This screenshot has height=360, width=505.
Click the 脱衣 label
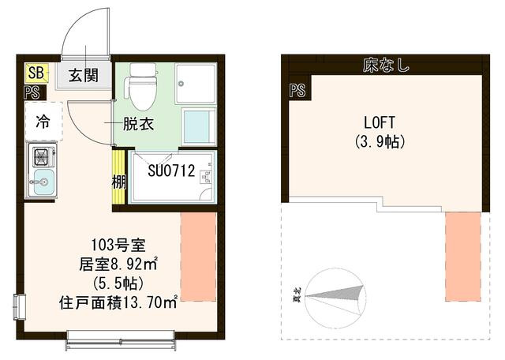coord(137,124)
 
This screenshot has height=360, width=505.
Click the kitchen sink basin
coord(41,186)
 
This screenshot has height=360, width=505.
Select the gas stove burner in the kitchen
coord(40,156)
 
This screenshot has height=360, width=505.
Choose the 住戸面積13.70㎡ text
coord(118,300)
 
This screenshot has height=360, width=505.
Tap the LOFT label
coord(379,122)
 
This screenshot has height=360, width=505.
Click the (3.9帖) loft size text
coord(380,143)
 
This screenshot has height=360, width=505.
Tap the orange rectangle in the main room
coord(198,256)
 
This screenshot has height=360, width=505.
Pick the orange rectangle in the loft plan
coord(462,256)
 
